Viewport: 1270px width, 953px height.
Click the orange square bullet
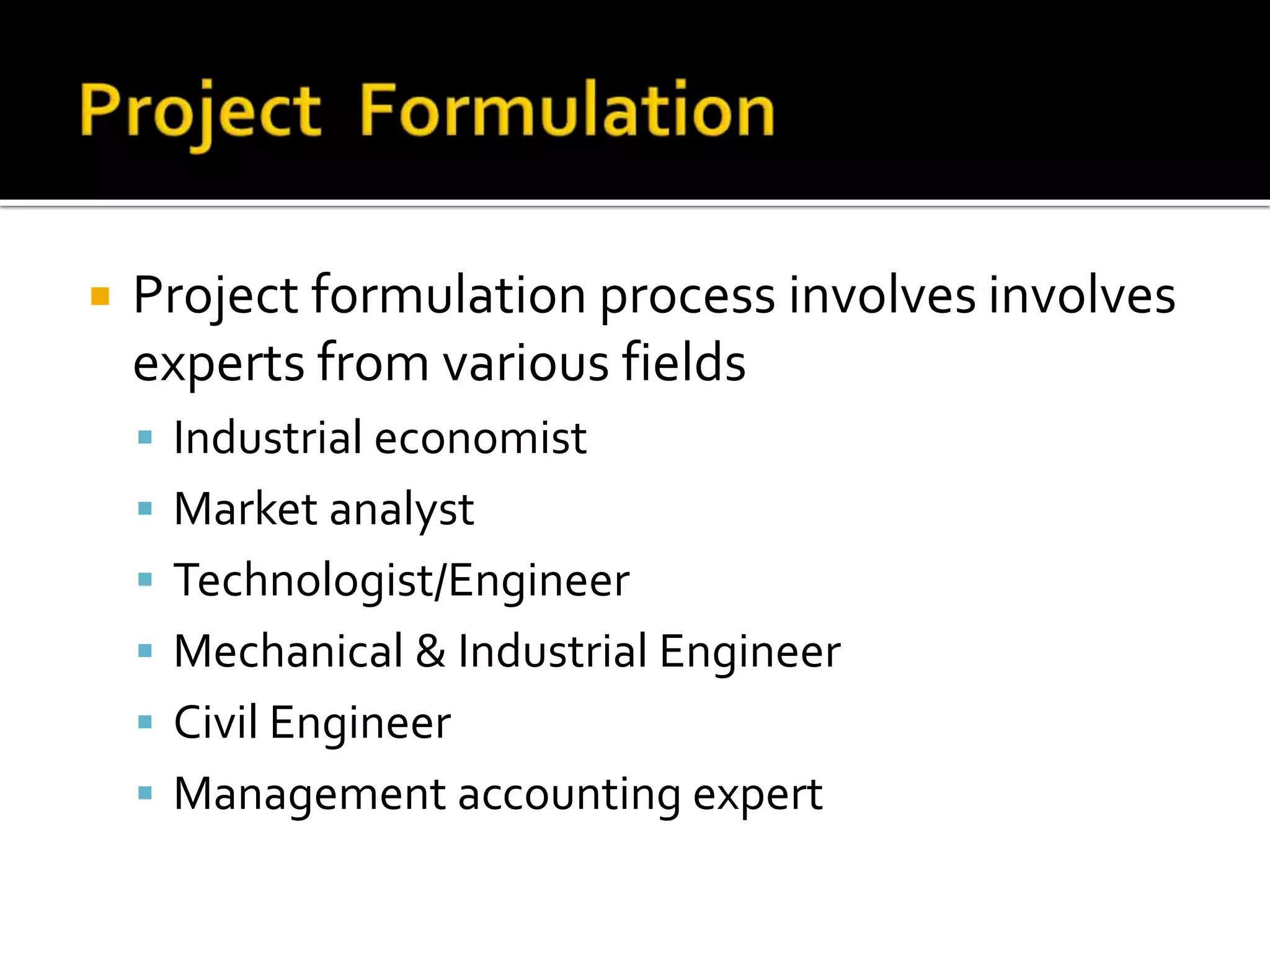click(x=100, y=297)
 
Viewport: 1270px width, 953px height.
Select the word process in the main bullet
click(x=687, y=297)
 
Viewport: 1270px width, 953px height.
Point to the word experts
click(x=218, y=364)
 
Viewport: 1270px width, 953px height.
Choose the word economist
click(x=481, y=438)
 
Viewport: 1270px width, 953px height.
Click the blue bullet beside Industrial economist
click(x=145, y=438)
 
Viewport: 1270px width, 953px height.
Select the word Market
click(x=246, y=509)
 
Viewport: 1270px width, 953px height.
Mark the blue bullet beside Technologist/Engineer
click(x=145, y=580)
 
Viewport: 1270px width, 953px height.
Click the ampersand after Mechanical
click(x=430, y=651)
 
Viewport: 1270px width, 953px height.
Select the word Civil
click(x=215, y=722)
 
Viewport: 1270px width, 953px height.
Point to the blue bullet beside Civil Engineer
click(x=145, y=722)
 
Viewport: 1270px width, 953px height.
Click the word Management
click(x=309, y=794)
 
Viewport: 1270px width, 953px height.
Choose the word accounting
click(x=569, y=795)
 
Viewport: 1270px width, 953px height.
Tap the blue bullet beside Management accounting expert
click(x=145, y=793)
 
